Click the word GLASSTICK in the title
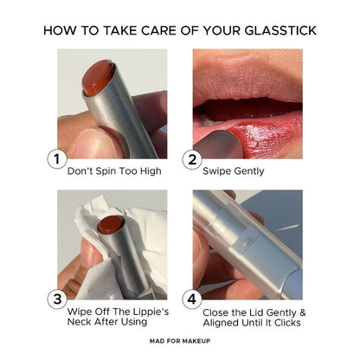click(280, 30)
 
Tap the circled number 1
click(57, 159)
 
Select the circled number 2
click(192, 159)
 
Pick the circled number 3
click(57, 299)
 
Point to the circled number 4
click(192, 299)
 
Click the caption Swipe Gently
click(234, 171)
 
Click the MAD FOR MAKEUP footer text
click(180, 341)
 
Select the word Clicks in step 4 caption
click(287, 323)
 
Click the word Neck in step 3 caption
click(79, 321)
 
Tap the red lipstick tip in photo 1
click(97, 77)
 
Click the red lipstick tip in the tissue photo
click(111, 224)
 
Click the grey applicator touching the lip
click(217, 145)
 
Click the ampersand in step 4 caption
click(302, 312)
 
